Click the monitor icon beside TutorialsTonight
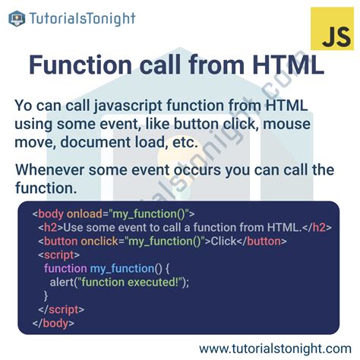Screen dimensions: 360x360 [x=17, y=18]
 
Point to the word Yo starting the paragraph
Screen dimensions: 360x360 [x=25, y=106]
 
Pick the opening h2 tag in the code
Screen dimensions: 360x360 [x=50, y=227]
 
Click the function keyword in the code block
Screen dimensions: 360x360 [x=65, y=268]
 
